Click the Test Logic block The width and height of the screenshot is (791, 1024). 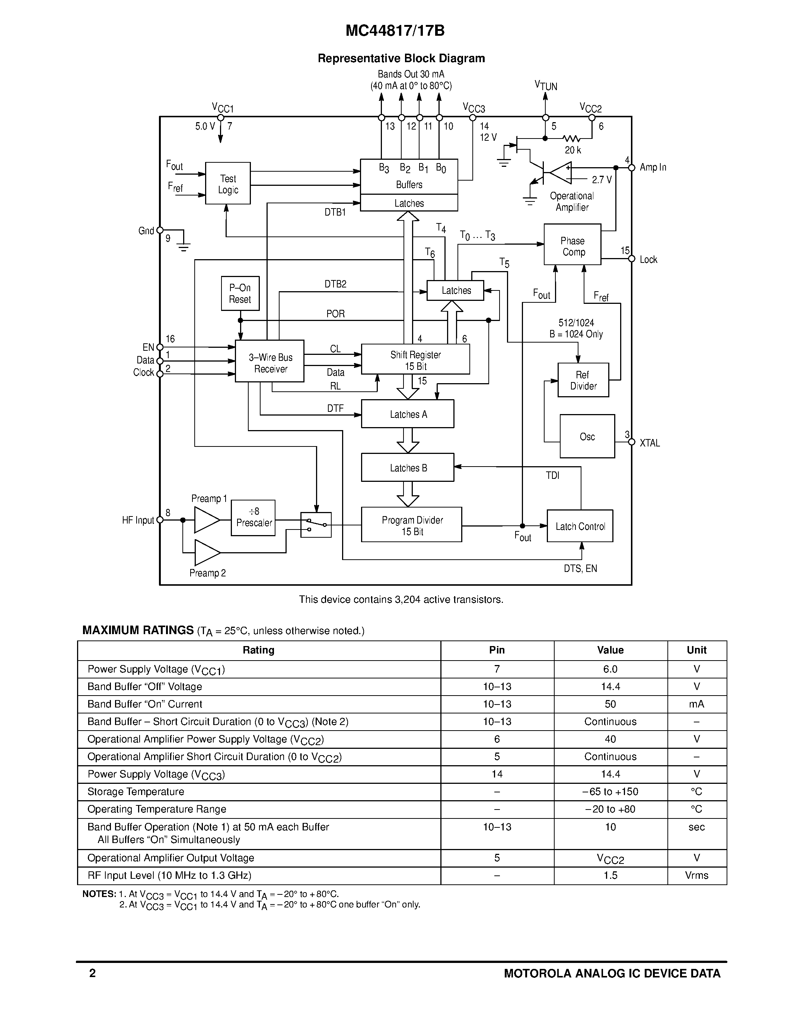point(228,183)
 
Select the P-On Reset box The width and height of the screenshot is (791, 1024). point(240,293)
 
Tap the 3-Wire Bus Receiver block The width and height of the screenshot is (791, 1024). point(269,361)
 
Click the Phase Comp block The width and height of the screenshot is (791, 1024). point(572,245)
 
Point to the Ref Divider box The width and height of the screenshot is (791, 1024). point(583,380)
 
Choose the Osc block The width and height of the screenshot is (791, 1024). point(587,436)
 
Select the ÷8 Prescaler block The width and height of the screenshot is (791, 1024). point(253,518)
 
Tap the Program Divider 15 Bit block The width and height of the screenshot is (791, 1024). point(411,525)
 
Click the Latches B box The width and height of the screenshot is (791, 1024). point(407,467)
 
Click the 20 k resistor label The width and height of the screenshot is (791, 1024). point(572,150)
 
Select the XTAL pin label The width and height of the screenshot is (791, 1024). point(650,443)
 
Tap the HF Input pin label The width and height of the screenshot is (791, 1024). point(138,520)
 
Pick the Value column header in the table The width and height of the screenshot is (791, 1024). point(610,650)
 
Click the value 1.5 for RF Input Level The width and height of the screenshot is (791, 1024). point(610,875)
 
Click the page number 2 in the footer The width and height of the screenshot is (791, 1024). point(92,973)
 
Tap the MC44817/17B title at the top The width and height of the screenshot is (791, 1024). point(395,31)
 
